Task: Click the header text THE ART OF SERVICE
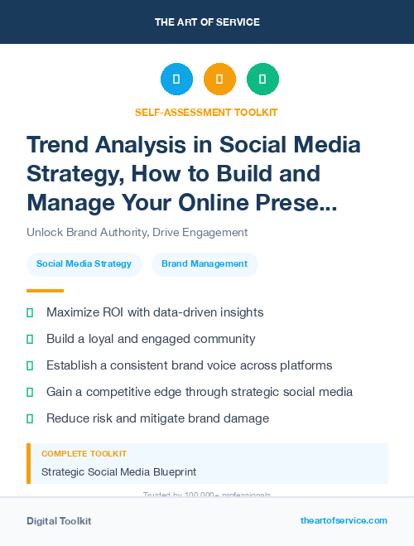coord(207,22)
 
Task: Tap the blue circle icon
coord(176,80)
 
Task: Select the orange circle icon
coord(219,80)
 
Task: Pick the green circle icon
coord(262,80)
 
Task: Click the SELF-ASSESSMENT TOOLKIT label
coord(207,112)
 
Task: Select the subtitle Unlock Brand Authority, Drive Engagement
coord(137,233)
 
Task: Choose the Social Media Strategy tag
coord(84,264)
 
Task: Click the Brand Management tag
coord(205,264)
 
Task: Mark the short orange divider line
coord(45,291)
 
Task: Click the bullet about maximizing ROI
coord(155,312)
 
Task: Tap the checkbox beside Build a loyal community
coord(30,339)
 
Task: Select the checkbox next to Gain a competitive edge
coord(30,392)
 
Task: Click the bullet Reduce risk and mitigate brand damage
coord(157,418)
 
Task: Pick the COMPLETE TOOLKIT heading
coord(84,454)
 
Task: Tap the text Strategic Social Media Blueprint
coord(119,472)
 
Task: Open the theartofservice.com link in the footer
coord(344,520)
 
